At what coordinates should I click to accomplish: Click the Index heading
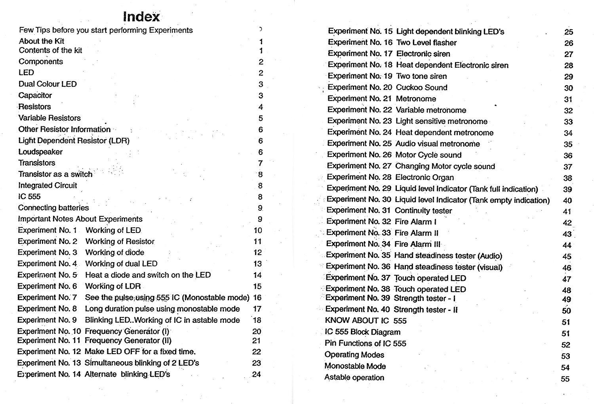coord(141,17)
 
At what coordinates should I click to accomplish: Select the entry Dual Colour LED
coord(48,84)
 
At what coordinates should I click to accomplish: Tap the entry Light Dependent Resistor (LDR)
coord(74,141)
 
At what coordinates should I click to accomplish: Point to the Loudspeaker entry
coord(40,152)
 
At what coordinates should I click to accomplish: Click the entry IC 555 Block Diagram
coord(362,332)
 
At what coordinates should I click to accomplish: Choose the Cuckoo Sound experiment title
coord(421,88)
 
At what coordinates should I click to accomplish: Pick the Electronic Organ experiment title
coord(425,177)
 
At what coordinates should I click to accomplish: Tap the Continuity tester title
coord(423,211)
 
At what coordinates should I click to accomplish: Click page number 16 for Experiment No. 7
coord(257,298)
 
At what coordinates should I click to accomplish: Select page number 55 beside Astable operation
coord(565,379)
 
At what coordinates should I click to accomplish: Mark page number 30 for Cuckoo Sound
coord(568,88)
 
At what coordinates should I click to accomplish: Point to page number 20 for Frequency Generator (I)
coord(257,332)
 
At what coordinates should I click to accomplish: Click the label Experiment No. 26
coord(359,155)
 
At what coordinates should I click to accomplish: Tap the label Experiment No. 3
coord(48,252)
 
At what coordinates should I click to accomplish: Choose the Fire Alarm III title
coord(417,244)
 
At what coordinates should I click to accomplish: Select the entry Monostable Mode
coord(355,366)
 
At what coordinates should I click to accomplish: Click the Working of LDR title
coord(113,286)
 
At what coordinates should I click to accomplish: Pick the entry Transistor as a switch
coord(55,174)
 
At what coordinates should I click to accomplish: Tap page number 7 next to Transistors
coord(260,163)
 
